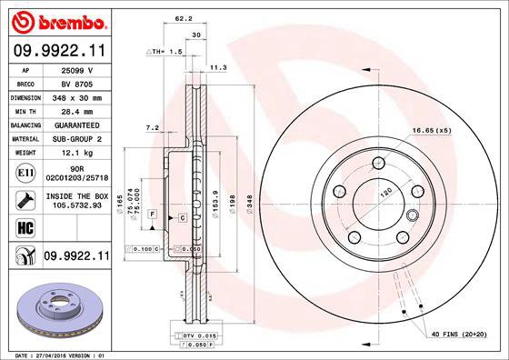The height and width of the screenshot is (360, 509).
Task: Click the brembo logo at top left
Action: tap(58, 20)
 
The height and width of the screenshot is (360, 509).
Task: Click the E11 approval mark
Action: tap(25, 171)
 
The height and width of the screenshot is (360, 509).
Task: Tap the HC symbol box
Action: tap(25, 226)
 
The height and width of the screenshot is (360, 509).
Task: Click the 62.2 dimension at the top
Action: tap(183, 19)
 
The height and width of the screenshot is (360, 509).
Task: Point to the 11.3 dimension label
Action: tap(216, 66)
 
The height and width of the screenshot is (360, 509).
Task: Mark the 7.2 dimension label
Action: tap(153, 128)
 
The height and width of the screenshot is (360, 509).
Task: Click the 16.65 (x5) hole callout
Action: tap(432, 131)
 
